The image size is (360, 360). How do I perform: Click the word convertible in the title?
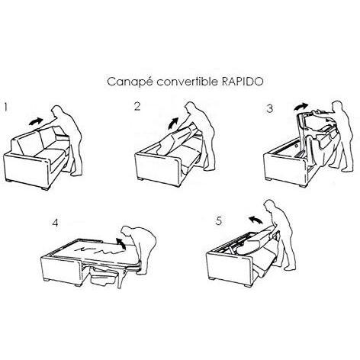click(x=187, y=82)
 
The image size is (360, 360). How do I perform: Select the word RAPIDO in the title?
click(x=243, y=82)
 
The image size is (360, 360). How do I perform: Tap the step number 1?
click(x=6, y=108)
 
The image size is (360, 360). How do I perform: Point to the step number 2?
click(x=137, y=106)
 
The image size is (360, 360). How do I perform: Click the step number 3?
click(x=270, y=108)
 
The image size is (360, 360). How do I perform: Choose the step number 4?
click(x=55, y=223)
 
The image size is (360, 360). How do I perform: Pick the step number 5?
click(x=219, y=221)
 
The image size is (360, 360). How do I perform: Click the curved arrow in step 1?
click(x=36, y=121)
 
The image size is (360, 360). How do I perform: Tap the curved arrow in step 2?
click(x=174, y=124)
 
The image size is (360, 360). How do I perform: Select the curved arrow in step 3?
click(x=301, y=106)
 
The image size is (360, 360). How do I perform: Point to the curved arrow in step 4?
click(x=121, y=243)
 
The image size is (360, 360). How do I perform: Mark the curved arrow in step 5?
click(x=256, y=219)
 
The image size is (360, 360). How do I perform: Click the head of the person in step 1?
click(x=57, y=111)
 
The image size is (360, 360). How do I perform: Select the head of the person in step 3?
click(x=338, y=106)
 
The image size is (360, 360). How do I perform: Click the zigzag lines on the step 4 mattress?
click(x=98, y=250)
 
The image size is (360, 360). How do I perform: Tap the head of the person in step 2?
click(x=191, y=107)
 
